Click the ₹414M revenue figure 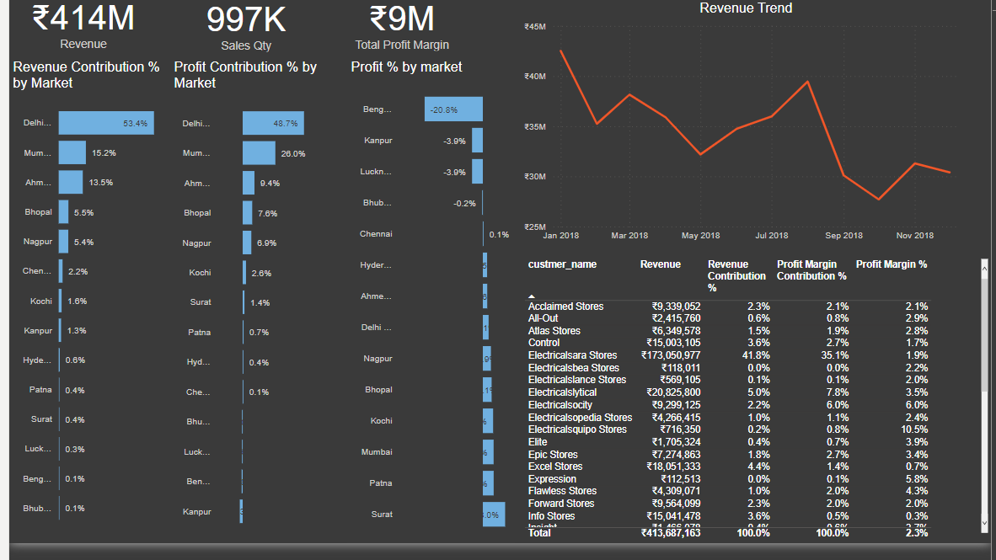click(x=83, y=19)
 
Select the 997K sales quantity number click(x=246, y=19)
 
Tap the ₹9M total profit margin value click(x=402, y=19)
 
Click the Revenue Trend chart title click(x=746, y=8)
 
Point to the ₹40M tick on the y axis click(x=535, y=77)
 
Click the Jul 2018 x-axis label click(x=772, y=236)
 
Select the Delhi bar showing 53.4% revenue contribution click(x=106, y=123)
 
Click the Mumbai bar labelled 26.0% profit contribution click(x=259, y=153)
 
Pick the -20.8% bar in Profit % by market click(x=453, y=109)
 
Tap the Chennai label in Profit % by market click(x=376, y=234)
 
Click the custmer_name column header click(x=562, y=264)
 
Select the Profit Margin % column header click(x=892, y=264)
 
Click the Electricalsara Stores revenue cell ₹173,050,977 click(x=671, y=355)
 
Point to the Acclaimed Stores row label click(x=565, y=307)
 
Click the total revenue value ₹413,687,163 click(x=671, y=533)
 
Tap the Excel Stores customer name click(x=555, y=467)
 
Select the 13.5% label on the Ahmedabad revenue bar click(x=101, y=183)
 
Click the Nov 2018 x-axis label click(x=914, y=236)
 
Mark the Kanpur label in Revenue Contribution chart click(x=38, y=331)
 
